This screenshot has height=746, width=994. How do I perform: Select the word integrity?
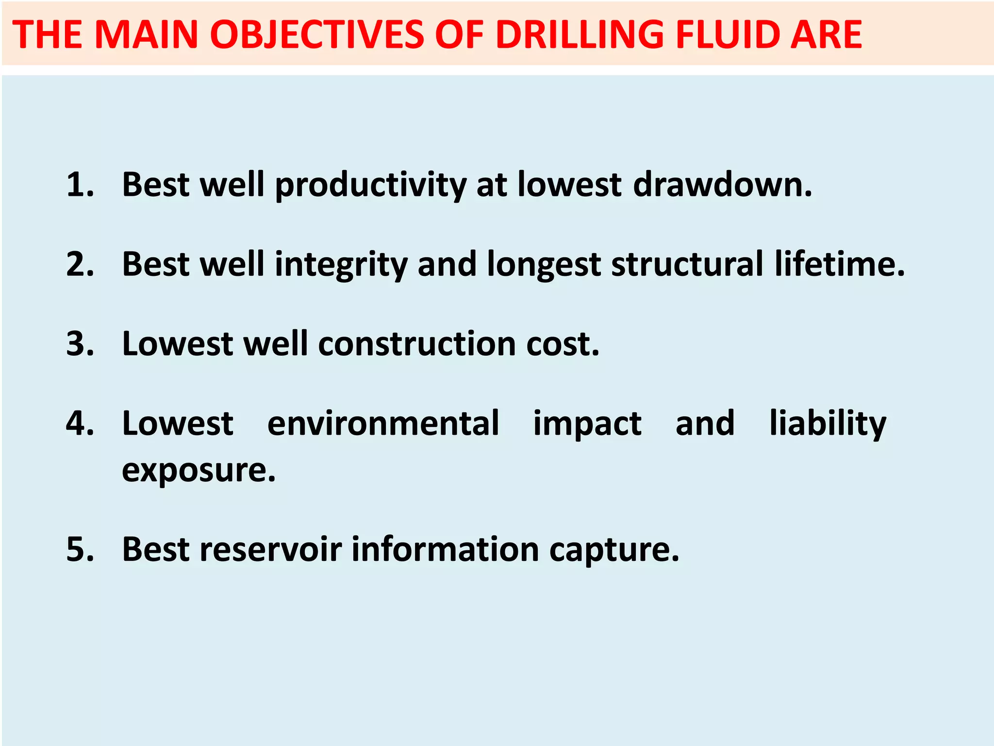341,265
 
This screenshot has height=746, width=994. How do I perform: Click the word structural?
687,264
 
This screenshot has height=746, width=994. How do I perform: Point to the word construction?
417,344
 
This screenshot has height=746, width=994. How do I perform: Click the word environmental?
383,424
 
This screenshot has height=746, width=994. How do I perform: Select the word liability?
828,424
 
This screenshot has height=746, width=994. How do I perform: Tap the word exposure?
198,470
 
